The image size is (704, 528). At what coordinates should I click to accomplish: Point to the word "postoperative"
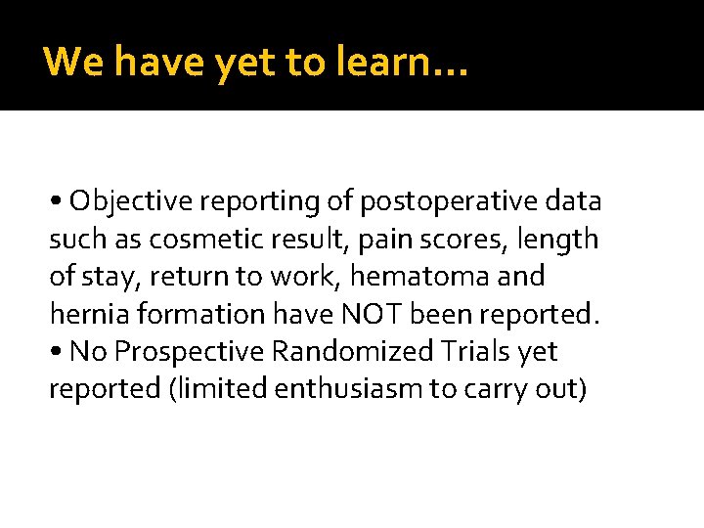tap(445, 201)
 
